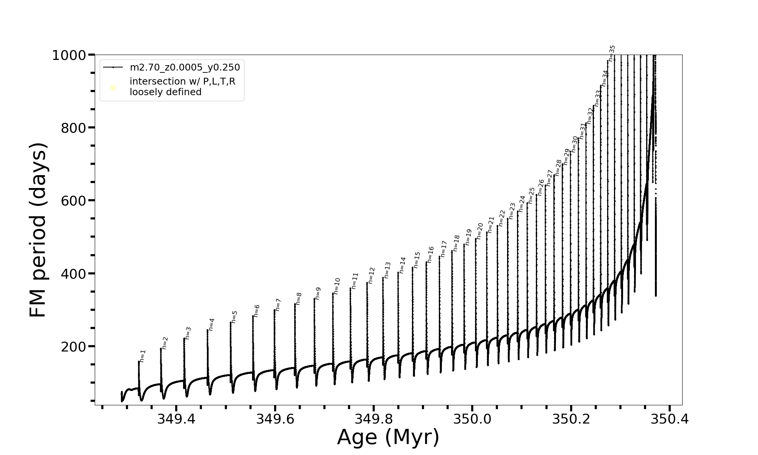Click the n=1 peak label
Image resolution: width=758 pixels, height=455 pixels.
tap(143, 356)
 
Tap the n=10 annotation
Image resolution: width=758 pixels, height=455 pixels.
tap(337, 286)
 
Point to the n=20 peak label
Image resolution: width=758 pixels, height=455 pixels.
tap(480, 231)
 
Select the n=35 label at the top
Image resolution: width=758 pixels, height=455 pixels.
tap(612, 53)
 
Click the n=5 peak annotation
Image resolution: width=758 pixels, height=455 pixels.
tap(234, 317)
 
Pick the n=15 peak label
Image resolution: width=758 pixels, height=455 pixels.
tap(417, 260)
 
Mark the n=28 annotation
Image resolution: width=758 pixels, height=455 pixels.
tap(558, 168)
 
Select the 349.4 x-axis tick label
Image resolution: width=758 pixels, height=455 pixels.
tap(176, 419)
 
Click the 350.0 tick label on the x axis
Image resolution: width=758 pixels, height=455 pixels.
tap(472, 419)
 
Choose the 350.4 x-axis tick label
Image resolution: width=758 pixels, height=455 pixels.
tap(670, 419)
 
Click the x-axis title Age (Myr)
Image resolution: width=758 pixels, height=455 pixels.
tap(388, 437)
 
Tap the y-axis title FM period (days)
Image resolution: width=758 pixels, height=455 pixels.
tap(38, 230)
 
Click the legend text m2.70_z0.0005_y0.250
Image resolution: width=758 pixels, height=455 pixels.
tap(185, 67)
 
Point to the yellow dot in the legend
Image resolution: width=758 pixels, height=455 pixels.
tap(113, 88)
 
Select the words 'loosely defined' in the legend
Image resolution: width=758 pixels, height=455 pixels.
tap(166, 92)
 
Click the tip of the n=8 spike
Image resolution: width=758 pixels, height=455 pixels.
tap(295, 304)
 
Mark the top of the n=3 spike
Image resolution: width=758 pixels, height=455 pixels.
tap(184, 338)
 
